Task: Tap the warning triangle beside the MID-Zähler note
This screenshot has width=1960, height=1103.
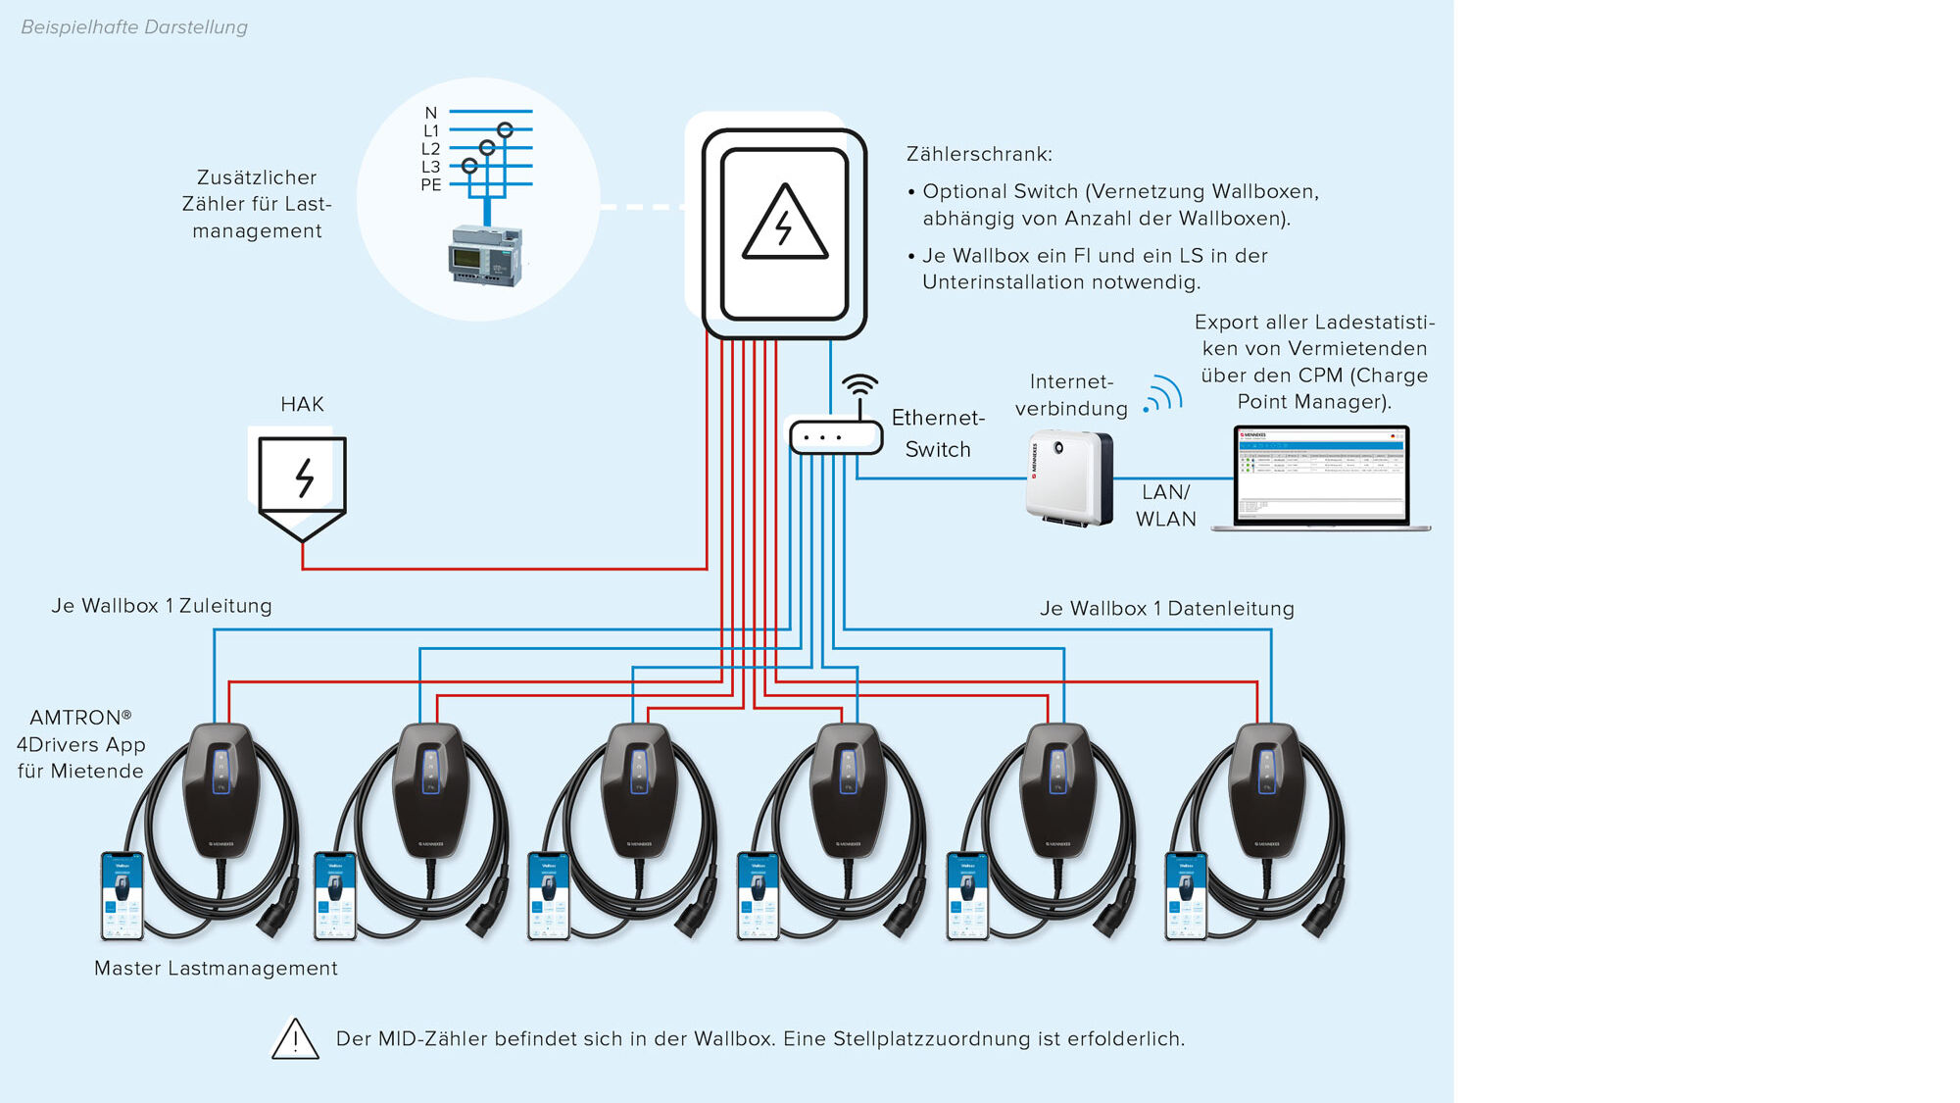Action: (x=295, y=1039)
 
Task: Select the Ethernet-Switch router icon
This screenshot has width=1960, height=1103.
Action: (x=836, y=436)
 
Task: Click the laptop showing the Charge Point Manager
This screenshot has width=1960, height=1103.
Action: (x=1320, y=477)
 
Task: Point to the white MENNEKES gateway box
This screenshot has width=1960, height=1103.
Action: (x=1069, y=478)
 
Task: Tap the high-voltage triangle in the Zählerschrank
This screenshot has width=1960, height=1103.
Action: (x=785, y=224)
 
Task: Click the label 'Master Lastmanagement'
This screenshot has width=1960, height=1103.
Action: (x=216, y=969)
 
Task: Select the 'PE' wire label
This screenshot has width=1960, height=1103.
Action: (x=431, y=185)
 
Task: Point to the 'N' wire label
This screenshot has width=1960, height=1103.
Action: (x=431, y=113)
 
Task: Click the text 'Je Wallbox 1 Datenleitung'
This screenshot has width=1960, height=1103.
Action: (x=1166, y=609)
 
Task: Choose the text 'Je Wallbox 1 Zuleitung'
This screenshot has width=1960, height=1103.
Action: (x=162, y=606)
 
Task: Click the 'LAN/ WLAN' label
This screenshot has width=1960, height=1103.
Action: (x=1165, y=506)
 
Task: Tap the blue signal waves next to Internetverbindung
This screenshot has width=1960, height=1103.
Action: (x=1164, y=394)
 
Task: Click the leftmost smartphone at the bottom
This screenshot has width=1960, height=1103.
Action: (x=122, y=896)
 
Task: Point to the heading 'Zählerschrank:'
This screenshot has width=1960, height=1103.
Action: (x=979, y=155)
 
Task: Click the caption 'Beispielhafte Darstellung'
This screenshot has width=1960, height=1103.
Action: (x=134, y=27)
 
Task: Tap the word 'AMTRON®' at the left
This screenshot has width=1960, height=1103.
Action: (x=80, y=718)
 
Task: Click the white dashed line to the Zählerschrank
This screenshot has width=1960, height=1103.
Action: (x=642, y=207)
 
